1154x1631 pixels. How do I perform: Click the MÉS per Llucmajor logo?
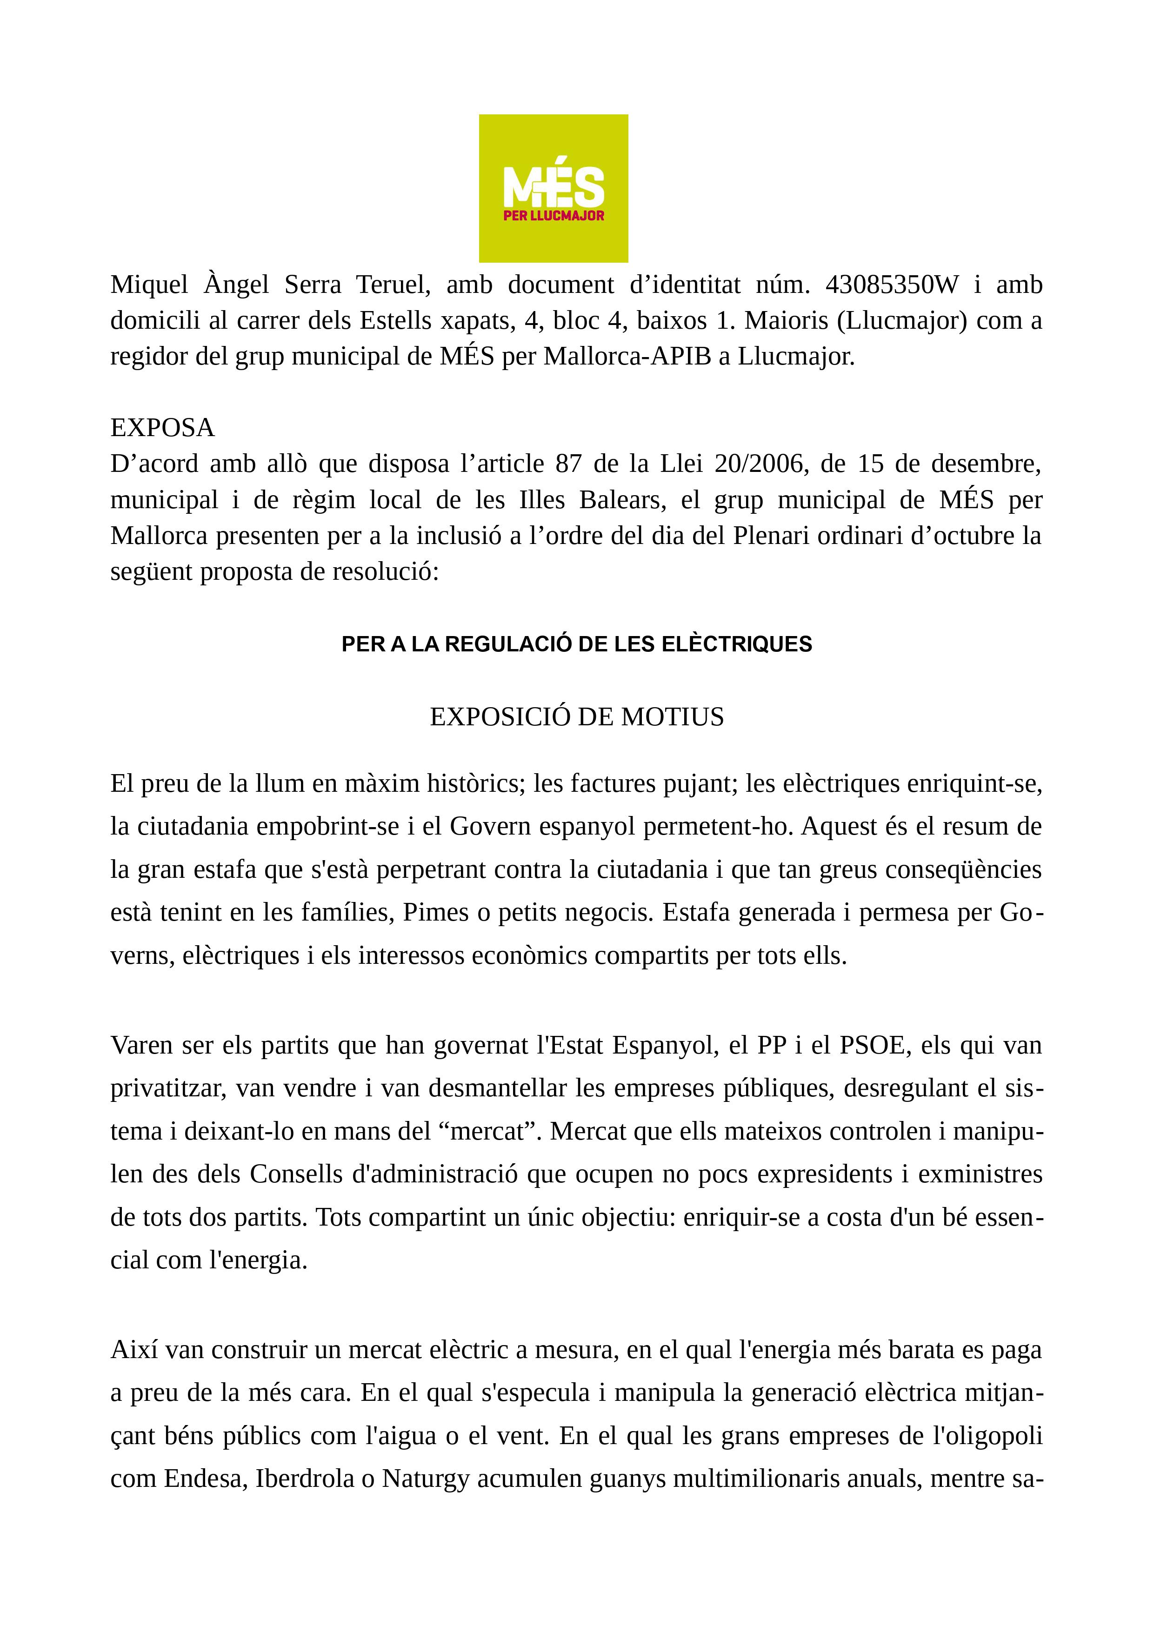tap(553, 188)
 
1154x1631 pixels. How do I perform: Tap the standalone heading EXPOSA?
tap(162, 428)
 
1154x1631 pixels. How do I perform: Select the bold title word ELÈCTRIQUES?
tap(736, 644)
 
